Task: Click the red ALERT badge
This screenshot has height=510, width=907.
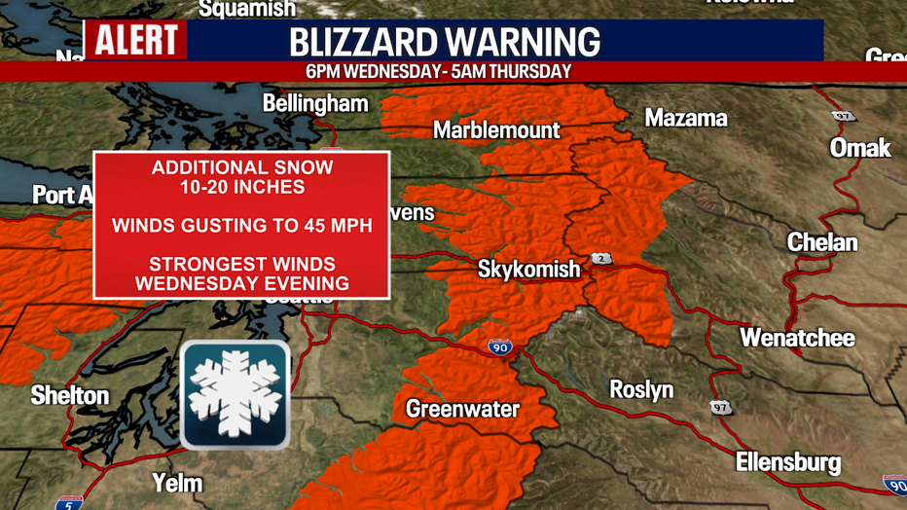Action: point(135,40)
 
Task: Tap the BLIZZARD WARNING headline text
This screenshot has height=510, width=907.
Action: point(445,42)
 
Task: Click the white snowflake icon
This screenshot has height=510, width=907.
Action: point(235,395)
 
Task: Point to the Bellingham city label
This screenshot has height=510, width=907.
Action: point(315,103)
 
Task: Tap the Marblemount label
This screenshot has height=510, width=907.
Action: point(496,129)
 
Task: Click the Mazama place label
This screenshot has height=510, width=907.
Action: point(686,118)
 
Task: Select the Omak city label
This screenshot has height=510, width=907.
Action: point(860,148)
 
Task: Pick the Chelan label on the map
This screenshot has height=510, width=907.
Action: point(822,242)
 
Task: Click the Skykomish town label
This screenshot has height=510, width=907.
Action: point(528,269)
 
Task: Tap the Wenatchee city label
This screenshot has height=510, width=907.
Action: point(797,338)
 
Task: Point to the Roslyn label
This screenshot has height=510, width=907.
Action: point(641,389)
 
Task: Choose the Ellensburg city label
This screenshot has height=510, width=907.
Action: point(788,461)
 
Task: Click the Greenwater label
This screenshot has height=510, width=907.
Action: point(462,408)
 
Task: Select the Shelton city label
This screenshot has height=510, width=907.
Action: point(69,395)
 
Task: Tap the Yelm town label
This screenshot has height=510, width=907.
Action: point(177,482)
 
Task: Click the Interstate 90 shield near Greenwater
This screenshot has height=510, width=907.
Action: point(497,345)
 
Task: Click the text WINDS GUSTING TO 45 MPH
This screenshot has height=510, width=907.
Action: point(242,226)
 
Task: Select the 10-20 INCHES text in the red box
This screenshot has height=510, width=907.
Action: point(242,187)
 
